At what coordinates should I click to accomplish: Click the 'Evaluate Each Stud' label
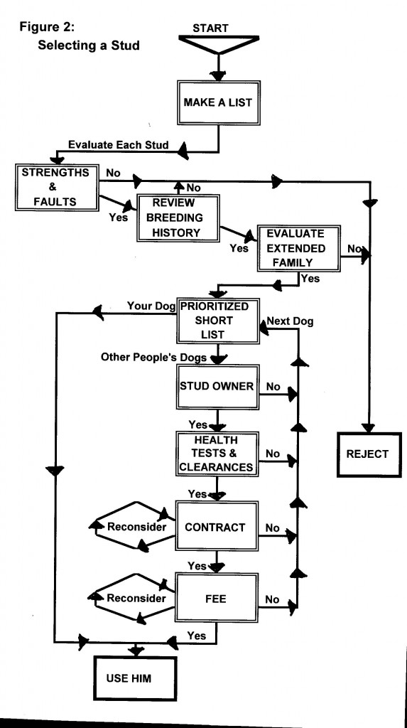[119, 146]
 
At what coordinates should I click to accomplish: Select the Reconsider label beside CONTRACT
[137, 528]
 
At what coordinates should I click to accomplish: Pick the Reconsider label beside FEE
[137, 599]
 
